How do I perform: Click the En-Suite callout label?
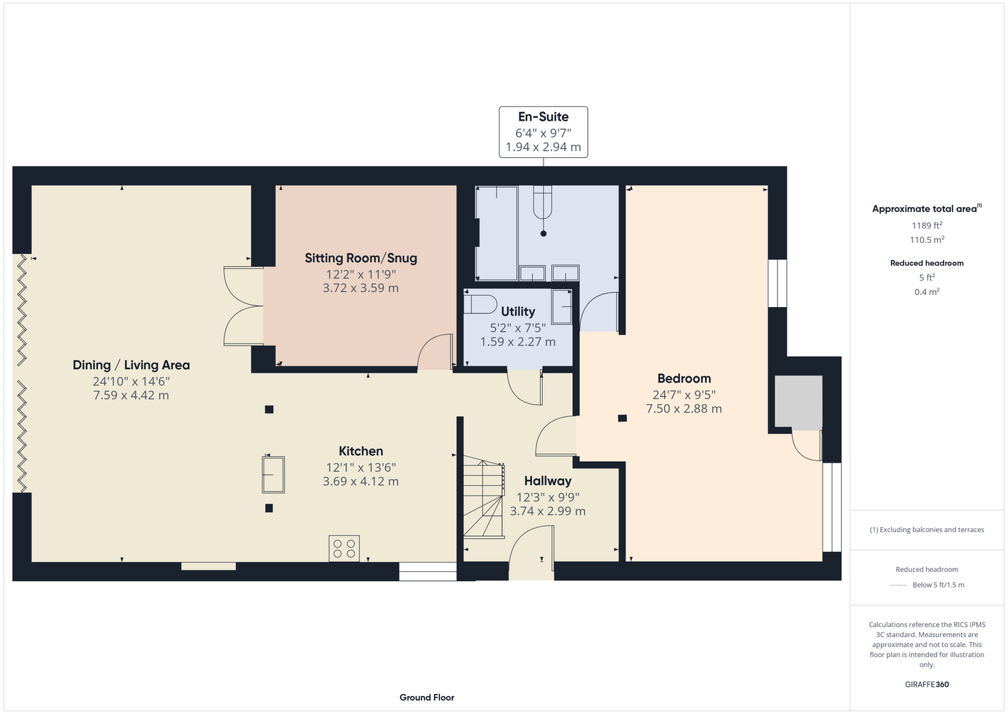543,116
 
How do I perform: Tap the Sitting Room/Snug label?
361,258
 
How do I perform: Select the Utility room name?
518,311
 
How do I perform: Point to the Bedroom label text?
684,378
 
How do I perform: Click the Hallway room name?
548,481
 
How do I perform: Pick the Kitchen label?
361,451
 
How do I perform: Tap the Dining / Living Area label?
131,365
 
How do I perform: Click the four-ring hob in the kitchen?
345,548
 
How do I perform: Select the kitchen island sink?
273,475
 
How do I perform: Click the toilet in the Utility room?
480,304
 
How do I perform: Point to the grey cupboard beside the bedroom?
798,403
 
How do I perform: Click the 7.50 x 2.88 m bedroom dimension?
684,408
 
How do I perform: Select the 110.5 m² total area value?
927,240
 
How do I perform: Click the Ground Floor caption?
427,698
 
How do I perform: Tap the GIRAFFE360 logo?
927,684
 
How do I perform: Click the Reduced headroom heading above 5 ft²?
927,263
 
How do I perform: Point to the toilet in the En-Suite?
542,203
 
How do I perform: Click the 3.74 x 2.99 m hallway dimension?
548,511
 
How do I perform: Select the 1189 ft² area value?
927,225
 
